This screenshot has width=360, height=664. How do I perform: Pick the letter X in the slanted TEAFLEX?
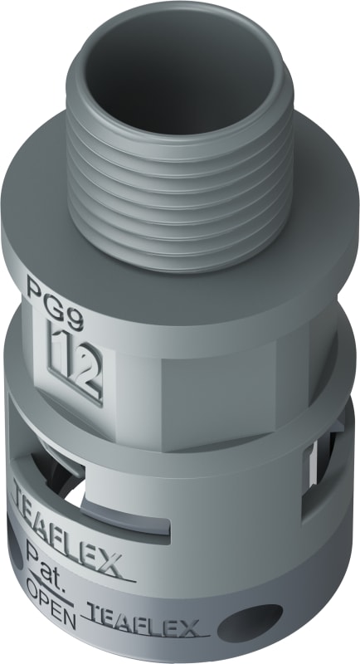tap(111, 565)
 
